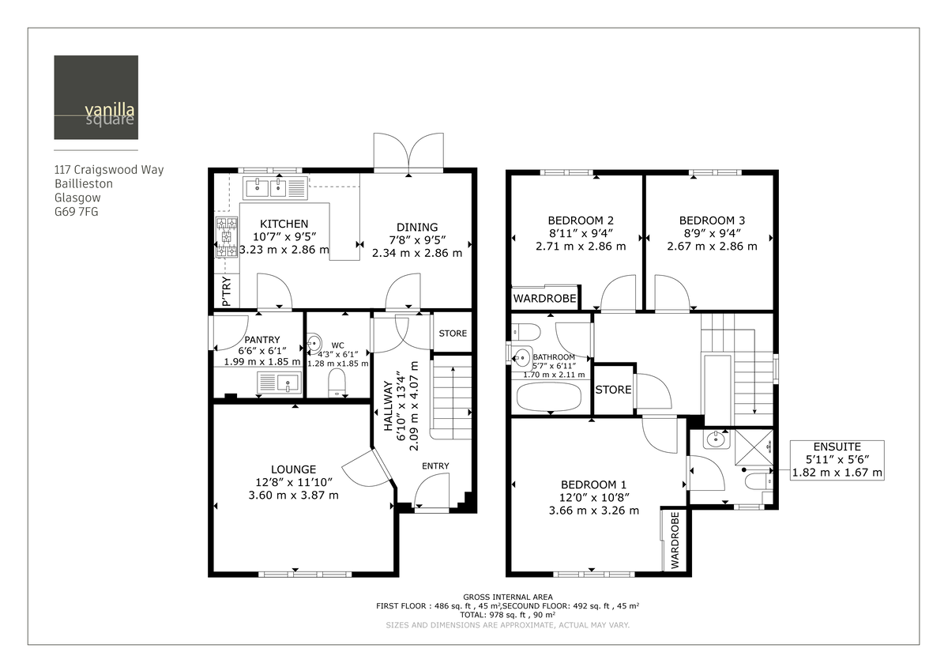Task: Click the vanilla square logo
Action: [x=96, y=97]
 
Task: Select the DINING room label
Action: [x=417, y=227]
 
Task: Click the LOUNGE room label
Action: [x=293, y=469]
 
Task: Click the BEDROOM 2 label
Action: [x=581, y=221]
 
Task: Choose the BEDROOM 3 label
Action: [x=711, y=221]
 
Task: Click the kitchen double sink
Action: [x=266, y=188]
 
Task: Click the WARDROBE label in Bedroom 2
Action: [x=544, y=299]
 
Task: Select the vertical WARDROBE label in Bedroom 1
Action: [x=675, y=541]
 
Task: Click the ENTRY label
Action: [x=434, y=466]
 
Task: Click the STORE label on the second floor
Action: [x=613, y=390]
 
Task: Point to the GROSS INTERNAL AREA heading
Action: [x=508, y=597]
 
